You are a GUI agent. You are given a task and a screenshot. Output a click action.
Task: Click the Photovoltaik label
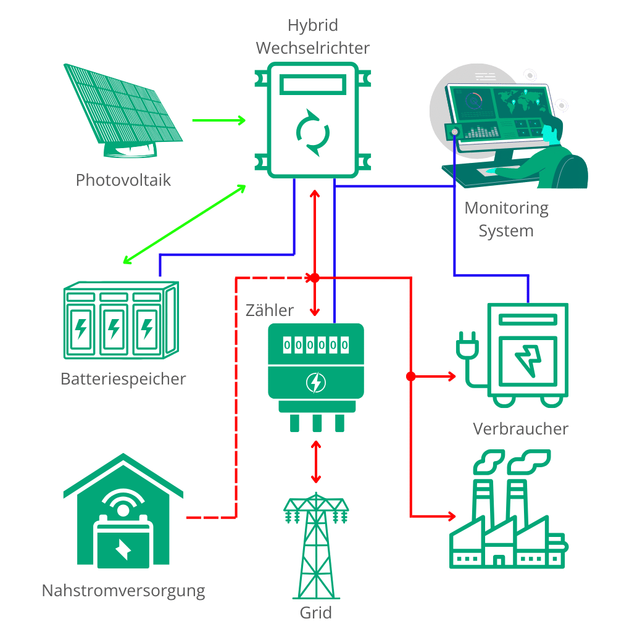[x=123, y=180]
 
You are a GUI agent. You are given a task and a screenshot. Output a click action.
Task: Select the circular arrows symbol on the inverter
[x=313, y=133]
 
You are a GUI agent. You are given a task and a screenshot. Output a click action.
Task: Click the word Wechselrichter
[x=313, y=48]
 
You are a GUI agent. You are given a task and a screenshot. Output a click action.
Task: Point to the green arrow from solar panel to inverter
[x=218, y=120]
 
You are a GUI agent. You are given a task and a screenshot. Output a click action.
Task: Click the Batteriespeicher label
[x=123, y=379]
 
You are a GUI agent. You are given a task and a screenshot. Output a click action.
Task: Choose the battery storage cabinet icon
[x=121, y=320]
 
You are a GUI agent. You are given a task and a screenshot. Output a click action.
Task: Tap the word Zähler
[x=270, y=310]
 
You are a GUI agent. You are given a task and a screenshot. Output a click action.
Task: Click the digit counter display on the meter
[x=315, y=345]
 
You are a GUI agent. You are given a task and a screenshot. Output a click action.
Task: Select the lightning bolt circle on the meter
[x=315, y=383]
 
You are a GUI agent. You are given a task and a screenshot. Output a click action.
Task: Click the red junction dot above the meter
[x=314, y=278]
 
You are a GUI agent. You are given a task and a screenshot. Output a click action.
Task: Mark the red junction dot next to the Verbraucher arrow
[x=410, y=376]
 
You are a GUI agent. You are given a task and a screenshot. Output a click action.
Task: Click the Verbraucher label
[x=520, y=429]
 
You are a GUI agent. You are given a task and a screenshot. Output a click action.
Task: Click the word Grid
[x=315, y=613]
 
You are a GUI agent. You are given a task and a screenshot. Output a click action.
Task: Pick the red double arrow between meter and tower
[x=316, y=462]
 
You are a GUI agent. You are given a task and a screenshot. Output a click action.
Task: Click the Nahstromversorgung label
[x=123, y=591]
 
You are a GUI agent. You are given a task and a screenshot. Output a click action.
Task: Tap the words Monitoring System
[x=506, y=219]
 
